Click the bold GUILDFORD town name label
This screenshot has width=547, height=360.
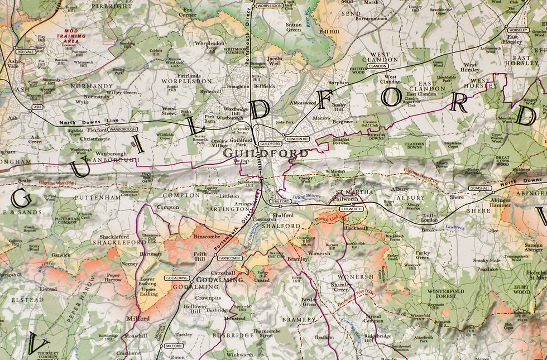(x=266, y=153)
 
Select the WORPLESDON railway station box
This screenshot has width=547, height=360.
(x=268, y=6)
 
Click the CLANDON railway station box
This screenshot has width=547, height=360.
(x=378, y=66)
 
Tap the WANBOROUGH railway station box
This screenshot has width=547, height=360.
(x=123, y=129)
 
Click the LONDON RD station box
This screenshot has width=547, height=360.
(x=297, y=138)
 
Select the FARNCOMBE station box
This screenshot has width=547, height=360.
(x=229, y=259)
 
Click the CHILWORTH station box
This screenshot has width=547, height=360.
(x=352, y=208)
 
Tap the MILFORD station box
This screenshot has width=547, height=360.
(x=174, y=346)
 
